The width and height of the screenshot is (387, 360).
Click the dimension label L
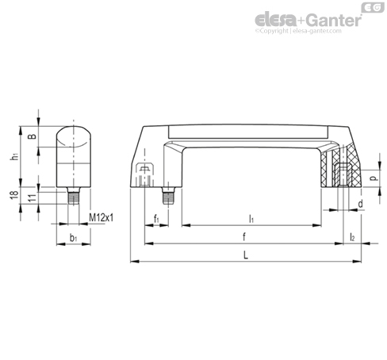click(246, 255)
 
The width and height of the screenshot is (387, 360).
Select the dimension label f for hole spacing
click(244, 237)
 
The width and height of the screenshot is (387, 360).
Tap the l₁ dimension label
click(251, 219)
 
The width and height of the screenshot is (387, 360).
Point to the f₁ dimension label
click(156, 219)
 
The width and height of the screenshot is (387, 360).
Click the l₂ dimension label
click(352, 237)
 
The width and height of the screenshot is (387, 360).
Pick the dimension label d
click(360, 204)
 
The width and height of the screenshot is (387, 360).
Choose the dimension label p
click(374, 178)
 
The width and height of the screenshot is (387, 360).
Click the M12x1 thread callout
click(102, 218)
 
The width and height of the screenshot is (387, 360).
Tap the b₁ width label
click(74, 238)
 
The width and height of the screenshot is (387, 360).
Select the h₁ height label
click(15, 156)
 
